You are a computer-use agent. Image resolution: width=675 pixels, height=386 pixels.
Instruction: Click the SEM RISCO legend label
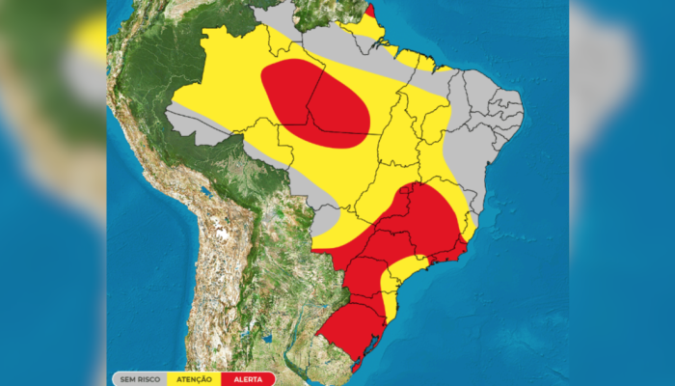pos(140,379)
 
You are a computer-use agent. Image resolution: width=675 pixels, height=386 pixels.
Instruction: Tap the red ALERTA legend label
pos(248,379)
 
